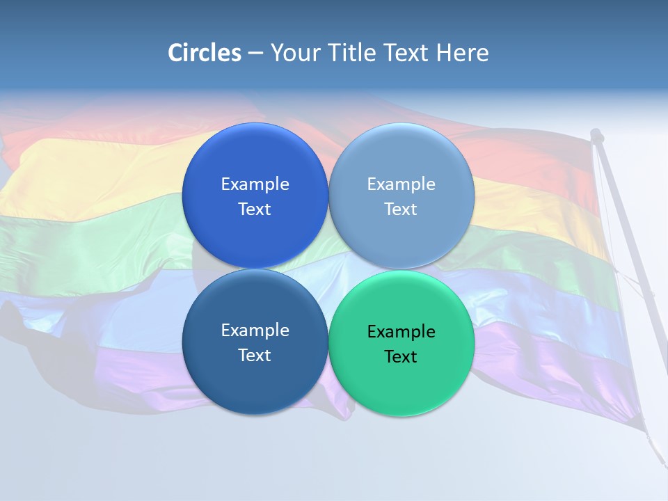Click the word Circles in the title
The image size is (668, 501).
(x=205, y=53)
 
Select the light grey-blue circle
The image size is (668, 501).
(x=401, y=160)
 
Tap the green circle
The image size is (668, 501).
(x=401, y=383)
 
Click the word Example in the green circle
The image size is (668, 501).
(x=401, y=332)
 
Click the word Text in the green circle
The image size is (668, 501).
(x=401, y=357)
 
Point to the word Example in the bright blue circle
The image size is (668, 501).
(x=255, y=184)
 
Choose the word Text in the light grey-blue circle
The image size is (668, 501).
(x=401, y=209)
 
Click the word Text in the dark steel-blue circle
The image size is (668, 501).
(x=255, y=356)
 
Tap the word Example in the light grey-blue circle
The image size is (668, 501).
(x=401, y=184)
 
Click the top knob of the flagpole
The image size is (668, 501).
(x=596, y=134)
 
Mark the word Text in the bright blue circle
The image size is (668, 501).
(x=255, y=209)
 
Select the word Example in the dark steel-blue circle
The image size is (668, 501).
(x=255, y=331)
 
